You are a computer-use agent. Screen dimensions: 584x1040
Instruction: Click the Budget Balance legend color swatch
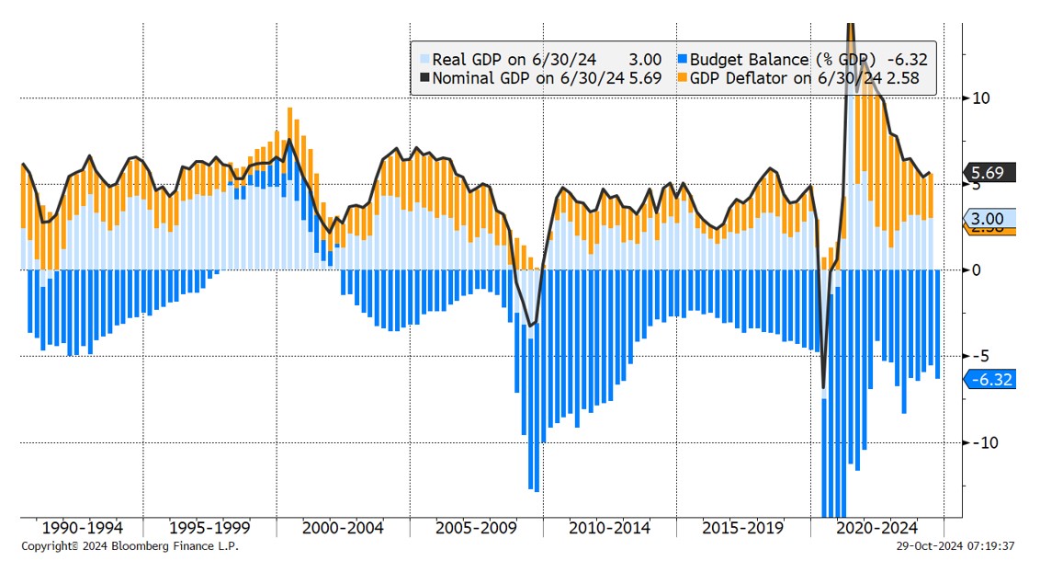682,60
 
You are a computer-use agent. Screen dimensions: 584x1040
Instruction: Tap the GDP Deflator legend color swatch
682,78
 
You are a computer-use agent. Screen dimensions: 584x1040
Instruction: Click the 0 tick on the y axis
978,269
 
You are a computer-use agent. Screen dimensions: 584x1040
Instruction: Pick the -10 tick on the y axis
981,442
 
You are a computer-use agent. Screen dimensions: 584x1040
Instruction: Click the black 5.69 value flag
990,173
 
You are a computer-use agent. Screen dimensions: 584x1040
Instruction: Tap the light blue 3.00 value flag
990,218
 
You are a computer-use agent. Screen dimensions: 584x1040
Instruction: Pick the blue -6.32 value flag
990,379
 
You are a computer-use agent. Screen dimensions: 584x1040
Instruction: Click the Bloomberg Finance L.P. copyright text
133,546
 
